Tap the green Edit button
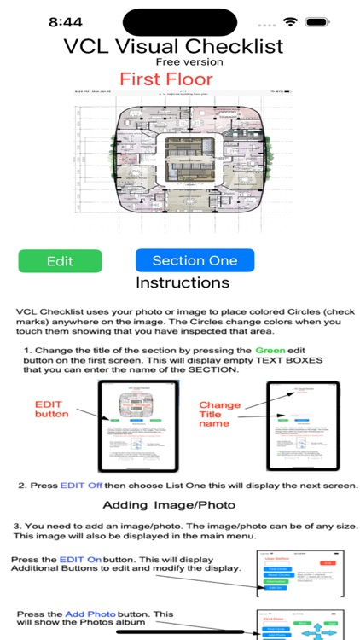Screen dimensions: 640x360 [x=60, y=261]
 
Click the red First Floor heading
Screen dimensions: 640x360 [x=165, y=79]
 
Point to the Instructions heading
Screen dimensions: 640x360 [x=183, y=282]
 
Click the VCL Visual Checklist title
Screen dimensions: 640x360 [x=173, y=46]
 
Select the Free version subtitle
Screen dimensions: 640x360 [x=189, y=62]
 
